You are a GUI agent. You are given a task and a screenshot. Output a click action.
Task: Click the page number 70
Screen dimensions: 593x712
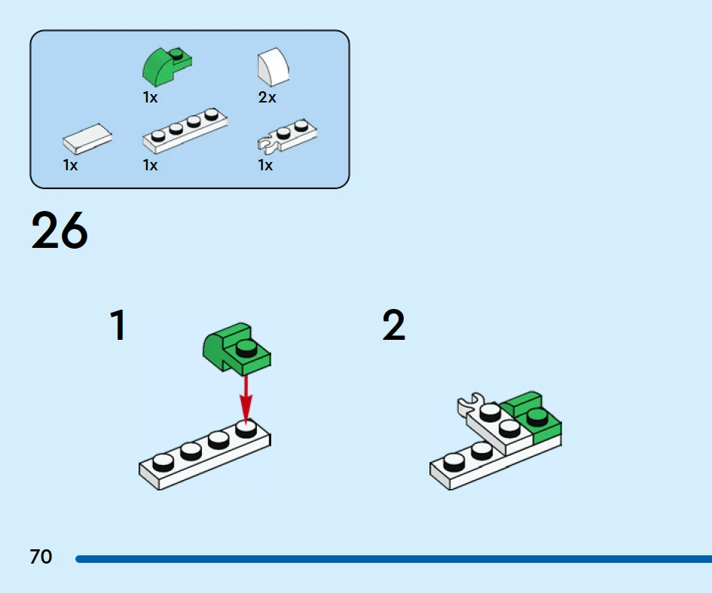pyautogui.click(x=41, y=558)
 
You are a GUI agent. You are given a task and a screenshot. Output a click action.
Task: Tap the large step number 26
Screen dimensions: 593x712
pyautogui.click(x=60, y=231)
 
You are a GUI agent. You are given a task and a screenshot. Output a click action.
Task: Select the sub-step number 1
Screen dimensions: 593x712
pyautogui.click(x=118, y=326)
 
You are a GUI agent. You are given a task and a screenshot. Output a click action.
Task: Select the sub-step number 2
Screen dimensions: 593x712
pyautogui.click(x=393, y=326)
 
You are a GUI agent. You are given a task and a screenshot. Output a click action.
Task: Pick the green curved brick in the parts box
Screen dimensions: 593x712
pyautogui.click(x=167, y=66)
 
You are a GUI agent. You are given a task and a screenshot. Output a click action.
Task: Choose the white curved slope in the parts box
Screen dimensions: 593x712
pyautogui.click(x=273, y=68)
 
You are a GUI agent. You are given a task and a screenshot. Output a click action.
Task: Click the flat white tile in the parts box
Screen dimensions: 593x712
pyautogui.click(x=87, y=139)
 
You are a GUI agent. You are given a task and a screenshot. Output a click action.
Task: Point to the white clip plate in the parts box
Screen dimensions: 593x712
pyautogui.click(x=287, y=134)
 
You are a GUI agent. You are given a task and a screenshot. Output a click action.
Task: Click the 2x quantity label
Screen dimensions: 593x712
pyautogui.click(x=267, y=98)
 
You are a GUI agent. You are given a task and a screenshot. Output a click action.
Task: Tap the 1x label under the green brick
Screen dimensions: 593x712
pyautogui.click(x=150, y=98)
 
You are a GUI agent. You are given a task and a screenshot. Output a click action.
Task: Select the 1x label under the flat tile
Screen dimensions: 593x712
pyautogui.click(x=70, y=165)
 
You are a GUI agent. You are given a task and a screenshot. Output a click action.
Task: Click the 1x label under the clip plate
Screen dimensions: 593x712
pyautogui.click(x=265, y=165)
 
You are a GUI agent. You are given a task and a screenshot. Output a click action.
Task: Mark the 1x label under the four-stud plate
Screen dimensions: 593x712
pyautogui.click(x=150, y=165)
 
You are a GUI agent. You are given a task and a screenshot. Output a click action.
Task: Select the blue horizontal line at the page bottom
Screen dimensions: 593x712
pyautogui.click(x=392, y=559)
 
